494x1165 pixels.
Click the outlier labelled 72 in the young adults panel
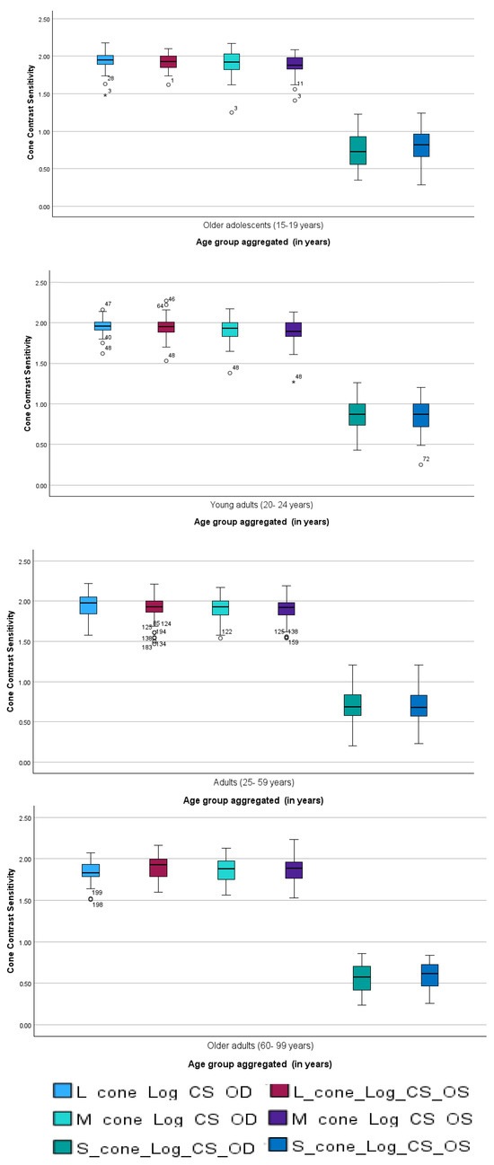pyautogui.click(x=420, y=464)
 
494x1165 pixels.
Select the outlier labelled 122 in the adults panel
pyautogui.click(x=220, y=637)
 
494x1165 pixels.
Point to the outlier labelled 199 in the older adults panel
pyautogui.click(x=91, y=898)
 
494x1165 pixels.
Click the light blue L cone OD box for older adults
pyautogui.click(x=91, y=870)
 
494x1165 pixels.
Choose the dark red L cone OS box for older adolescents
pyautogui.click(x=168, y=61)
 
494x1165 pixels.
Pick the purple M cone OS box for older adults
pyautogui.click(x=294, y=869)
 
